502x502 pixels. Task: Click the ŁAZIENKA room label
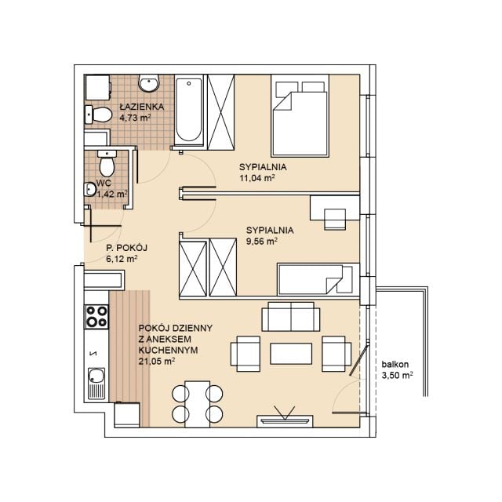tap(141, 107)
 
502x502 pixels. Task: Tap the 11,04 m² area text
tap(257, 178)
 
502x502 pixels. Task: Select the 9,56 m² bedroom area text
tap(261, 241)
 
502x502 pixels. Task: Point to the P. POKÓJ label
tap(126, 248)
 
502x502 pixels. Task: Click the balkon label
tap(395, 364)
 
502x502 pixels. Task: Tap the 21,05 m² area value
tap(157, 362)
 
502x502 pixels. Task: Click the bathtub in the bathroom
tap(189, 111)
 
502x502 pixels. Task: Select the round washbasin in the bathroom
tap(148, 83)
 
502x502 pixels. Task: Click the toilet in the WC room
tap(107, 163)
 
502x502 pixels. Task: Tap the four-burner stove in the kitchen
tap(96, 317)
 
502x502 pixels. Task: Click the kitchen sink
tap(96, 384)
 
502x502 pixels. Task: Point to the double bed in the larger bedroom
tap(300, 116)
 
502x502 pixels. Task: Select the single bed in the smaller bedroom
tap(318, 279)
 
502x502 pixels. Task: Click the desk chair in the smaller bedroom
tap(335, 220)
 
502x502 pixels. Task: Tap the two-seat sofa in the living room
tap(291, 317)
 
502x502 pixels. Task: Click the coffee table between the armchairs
tap(291, 354)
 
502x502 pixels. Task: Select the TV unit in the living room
tap(285, 421)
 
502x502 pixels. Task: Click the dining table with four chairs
tap(197, 404)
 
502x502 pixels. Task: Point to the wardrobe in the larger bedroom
tap(221, 112)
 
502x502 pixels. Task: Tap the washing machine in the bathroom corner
tap(97, 88)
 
